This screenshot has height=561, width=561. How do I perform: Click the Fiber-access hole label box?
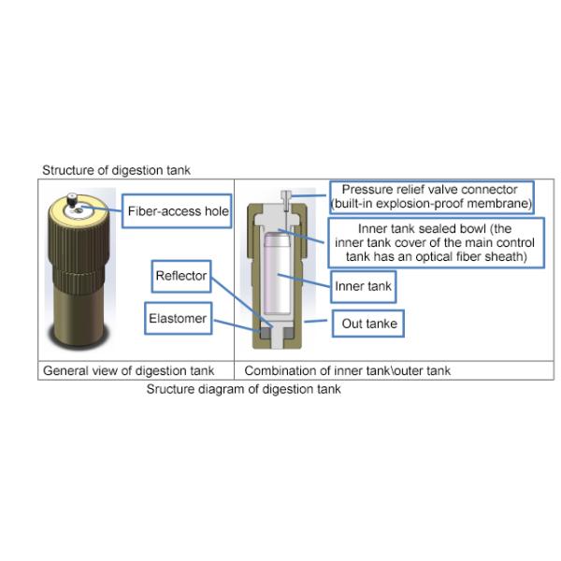click(x=177, y=211)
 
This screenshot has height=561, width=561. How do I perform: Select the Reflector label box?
click(x=181, y=276)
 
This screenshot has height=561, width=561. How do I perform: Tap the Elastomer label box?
click(x=179, y=319)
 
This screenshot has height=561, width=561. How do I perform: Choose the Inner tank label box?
click(x=363, y=287)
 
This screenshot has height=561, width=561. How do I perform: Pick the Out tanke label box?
click(x=368, y=324)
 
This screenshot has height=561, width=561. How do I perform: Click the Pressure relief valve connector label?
click(x=431, y=197)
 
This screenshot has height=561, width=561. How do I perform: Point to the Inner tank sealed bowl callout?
click(x=436, y=242)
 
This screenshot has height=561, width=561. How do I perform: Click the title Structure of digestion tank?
click(x=116, y=170)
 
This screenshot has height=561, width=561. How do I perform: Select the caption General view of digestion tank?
click(x=128, y=370)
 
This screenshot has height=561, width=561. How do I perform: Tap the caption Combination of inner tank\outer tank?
click(x=348, y=370)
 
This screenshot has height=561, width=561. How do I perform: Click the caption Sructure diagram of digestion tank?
click(x=244, y=389)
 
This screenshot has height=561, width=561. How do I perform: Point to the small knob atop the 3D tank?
click(x=72, y=200)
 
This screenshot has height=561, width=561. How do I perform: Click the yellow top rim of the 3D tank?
click(x=79, y=209)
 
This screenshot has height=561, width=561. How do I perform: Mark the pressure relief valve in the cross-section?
click(x=286, y=201)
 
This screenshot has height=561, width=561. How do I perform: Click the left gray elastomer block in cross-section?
click(x=265, y=333)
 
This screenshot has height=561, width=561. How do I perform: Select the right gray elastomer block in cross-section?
click(x=288, y=333)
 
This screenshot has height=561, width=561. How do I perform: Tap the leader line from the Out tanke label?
click(x=315, y=321)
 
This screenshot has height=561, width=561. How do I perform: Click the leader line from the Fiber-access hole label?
click(x=102, y=209)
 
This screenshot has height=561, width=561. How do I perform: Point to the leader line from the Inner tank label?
click(x=304, y=280)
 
